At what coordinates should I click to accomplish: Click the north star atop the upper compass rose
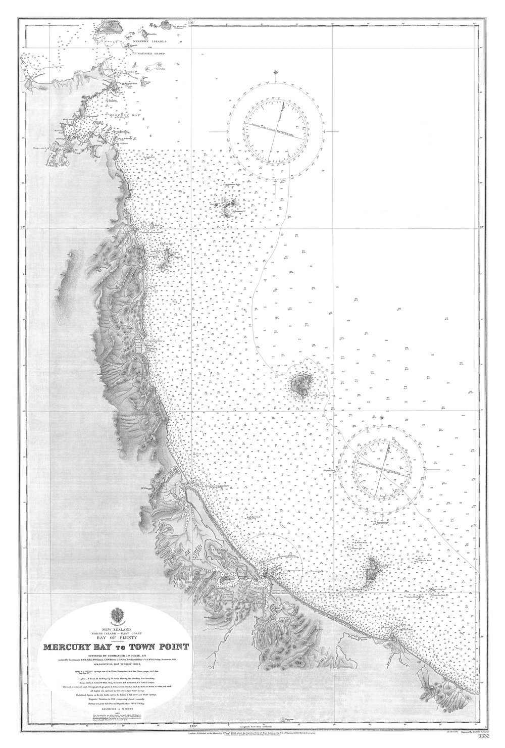coord(276,72)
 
